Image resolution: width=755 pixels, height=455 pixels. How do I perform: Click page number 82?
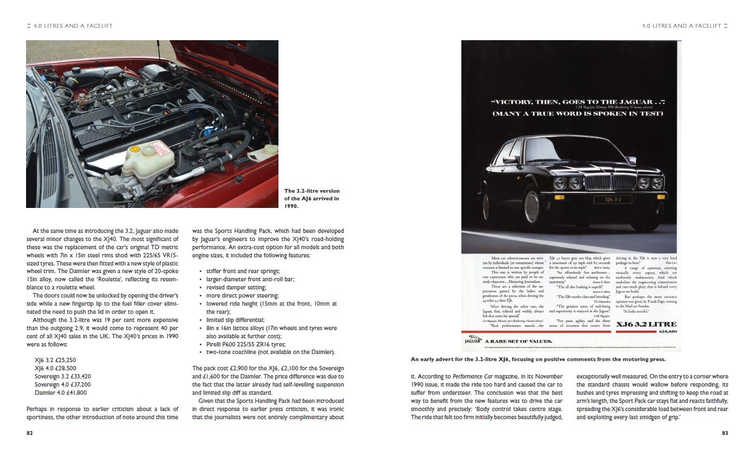click(x=29, y=433)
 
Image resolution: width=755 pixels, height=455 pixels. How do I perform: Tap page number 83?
click(x=725, y=433)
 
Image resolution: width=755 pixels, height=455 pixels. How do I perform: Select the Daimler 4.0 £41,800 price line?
click(x=60, y=392)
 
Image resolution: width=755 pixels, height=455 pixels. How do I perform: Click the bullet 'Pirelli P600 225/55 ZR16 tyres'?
click(x=253, y=344)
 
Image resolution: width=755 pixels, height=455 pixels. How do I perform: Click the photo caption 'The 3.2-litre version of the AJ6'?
click(x=312, y=198)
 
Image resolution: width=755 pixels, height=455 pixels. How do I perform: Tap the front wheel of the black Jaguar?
click(x=532, y=206)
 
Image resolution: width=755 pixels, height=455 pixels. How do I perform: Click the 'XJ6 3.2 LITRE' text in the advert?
click(x=646, y=325)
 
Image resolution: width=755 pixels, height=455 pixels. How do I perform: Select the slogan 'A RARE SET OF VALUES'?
click(x=518, y=341)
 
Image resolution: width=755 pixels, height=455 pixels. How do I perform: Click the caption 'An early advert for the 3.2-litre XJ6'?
click(x=537, y=359)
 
